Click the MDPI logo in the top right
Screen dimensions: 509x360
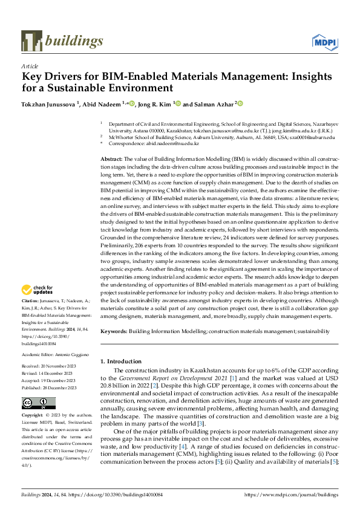[x=324, y=41]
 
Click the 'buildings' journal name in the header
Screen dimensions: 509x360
[x=73, y=41]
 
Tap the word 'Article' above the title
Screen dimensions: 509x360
[x=30, y=66]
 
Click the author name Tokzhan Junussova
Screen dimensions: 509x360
[x=49, y=103]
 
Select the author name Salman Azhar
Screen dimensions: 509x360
[x=214, y=103]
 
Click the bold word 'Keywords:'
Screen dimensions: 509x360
[x=114, y=331]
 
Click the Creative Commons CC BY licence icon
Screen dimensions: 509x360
[x=31, y=403]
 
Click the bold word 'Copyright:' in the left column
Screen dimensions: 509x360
[x=33, y=417]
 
